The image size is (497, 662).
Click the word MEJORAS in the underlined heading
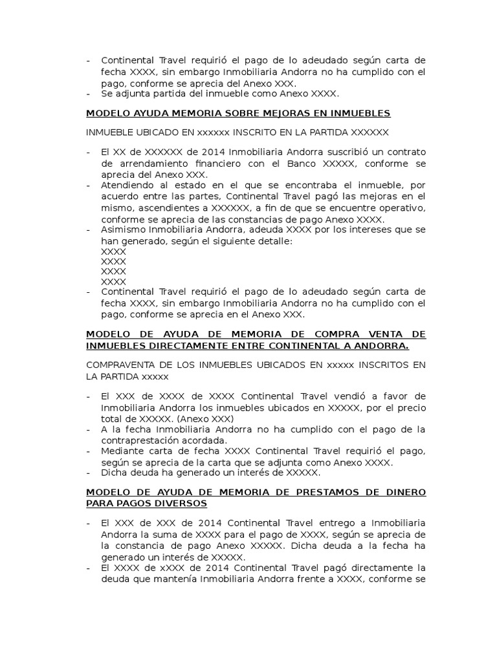[x=254, y=113]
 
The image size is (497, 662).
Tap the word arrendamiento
[x=146, y=164]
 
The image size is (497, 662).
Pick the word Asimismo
[x=123, y=230]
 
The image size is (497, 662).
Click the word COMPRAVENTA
[x=122, y=365]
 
